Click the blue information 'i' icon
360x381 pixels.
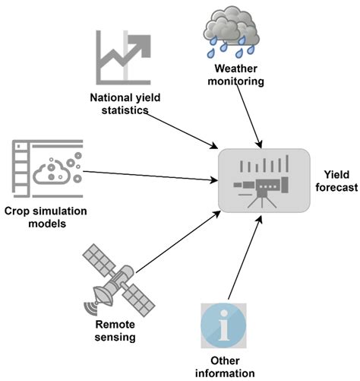coord(223,325)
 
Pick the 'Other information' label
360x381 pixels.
coord(223,367)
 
